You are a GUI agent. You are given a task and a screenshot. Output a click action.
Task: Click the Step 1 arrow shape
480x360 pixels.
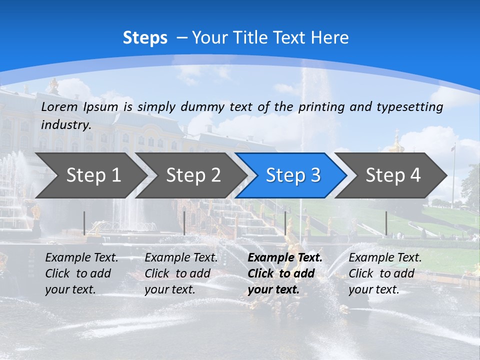(90, 175)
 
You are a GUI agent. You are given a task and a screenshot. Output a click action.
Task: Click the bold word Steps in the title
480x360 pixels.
(145, 38)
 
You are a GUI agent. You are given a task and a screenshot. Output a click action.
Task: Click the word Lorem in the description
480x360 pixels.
(59, 106)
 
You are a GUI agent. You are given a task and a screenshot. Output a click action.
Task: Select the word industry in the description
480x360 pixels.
(66, 125)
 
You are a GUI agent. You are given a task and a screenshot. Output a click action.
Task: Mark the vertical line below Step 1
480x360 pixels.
(84, 223)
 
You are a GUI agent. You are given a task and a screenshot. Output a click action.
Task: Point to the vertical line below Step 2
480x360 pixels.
(184, 223)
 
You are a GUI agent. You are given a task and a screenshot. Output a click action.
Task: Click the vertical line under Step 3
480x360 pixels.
(285, 223)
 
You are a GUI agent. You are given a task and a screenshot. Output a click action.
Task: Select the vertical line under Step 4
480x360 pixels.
(386, 223)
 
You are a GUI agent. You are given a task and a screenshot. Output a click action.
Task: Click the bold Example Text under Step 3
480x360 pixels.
(285, 258)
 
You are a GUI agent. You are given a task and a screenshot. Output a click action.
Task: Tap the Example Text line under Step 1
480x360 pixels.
(81, 258)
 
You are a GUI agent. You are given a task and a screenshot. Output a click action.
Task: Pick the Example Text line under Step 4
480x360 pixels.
(385, 258)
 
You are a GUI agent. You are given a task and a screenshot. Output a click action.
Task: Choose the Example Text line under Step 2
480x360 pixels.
(181, 258)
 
